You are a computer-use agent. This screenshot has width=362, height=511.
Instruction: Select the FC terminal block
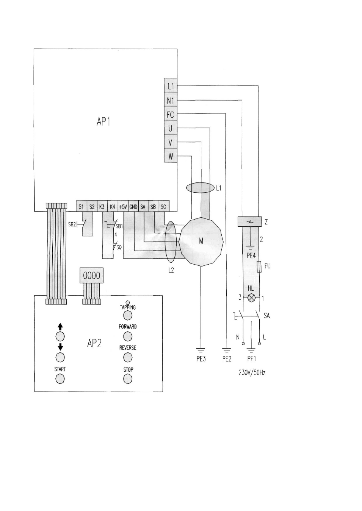[171, 114]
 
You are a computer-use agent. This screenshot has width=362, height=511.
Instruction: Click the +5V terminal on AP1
[123, 207]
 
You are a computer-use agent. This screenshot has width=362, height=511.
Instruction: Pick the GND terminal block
[133, 207]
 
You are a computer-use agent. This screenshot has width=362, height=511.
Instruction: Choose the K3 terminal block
[102, 207]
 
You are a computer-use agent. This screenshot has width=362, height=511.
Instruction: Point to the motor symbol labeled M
[201, 241]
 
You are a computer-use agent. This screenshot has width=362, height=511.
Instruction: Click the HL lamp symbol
[251, 298]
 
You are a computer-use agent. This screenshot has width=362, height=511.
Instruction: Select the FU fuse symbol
[259, 267]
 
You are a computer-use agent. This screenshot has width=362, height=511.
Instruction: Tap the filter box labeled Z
[250, 221]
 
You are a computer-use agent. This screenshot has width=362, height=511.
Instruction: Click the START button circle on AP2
[60, 379]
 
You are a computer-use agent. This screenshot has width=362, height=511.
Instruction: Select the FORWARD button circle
[128, 336]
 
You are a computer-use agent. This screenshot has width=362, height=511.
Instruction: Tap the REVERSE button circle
[128, 357]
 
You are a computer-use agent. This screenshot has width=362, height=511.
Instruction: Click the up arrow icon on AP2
[60, 327]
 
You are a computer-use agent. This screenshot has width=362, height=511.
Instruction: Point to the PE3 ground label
[201, 359]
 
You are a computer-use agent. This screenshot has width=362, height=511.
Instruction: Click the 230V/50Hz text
[252, 373]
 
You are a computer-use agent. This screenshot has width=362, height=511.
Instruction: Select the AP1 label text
[103, 122]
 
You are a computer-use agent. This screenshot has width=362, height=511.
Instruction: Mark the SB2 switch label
[72, 224]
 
